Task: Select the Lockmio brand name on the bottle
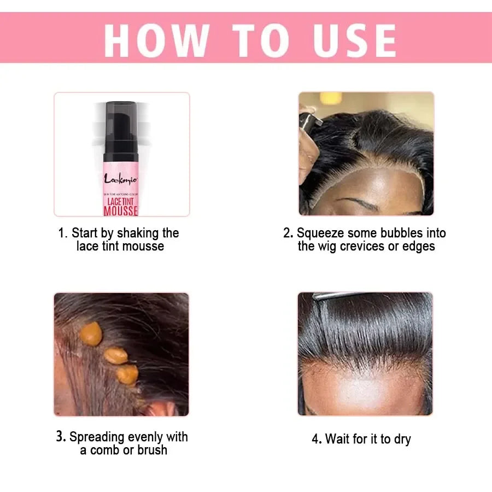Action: [x=120, y=178]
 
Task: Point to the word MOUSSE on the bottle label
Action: [x=121, y=210]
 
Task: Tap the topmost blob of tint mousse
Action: [x=91, y=333]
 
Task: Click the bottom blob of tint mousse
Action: [x=127, y=374]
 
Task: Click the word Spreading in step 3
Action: [x=97, y=437]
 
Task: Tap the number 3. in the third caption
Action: [x=61, y=437]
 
